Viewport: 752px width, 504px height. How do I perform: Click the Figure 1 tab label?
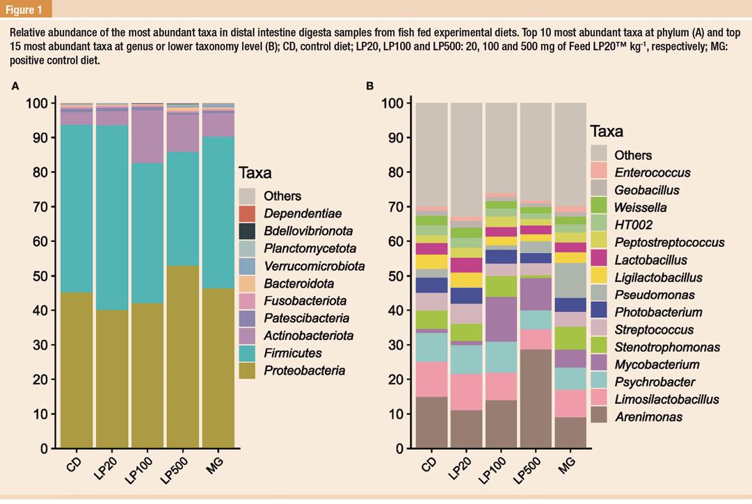pyautogui.click(x=25, y=9)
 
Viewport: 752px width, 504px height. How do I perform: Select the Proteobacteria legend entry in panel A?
pyautogui.click(x=304, y=371)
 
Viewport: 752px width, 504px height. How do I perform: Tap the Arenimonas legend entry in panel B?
pyautogui.click(x=648, y=417)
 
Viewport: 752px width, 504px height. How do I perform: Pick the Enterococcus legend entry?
pyautogui.click(x=653, y=172)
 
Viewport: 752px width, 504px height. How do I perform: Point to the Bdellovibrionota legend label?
pyautogui.click(x=308, y=231)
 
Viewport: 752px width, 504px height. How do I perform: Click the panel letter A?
pyautogui.click(x=15, y=86)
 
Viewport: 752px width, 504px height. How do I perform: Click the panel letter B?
pyautogui.click(x=370, y=86)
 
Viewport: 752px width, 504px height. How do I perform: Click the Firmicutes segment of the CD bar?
pyautogui.click(x=77, y=209)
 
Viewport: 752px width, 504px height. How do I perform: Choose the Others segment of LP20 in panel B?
pyautogui.click(x=466, y=160)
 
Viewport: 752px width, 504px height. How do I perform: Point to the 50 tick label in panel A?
pyautogui.click(x=40, y=276)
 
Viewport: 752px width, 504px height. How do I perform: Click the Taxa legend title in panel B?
pyautogui.click(x=607, y=131)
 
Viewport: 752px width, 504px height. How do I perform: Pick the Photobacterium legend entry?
pyautogui.click(x=658, y=312)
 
